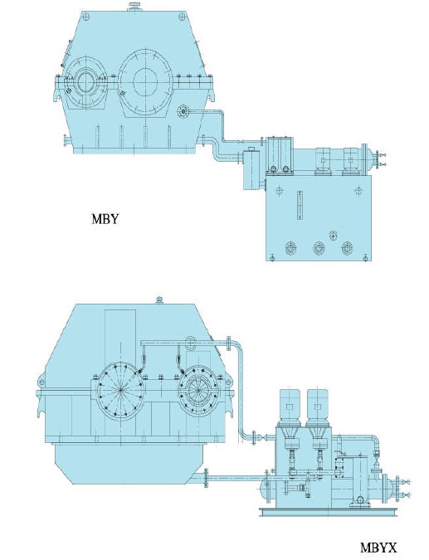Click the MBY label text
pos(105,218)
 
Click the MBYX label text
pos(378,548)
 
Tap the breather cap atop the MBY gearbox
pos(135,7)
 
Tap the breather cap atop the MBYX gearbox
pos(159,300)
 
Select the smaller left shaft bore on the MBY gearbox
pos(85,82)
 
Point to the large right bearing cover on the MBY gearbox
pos(145,82)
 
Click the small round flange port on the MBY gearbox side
pos(183,111)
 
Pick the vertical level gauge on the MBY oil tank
pos(300,207)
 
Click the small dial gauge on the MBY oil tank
pos(333,236)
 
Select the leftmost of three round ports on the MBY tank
pos(291,248)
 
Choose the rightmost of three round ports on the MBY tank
pos(347,248)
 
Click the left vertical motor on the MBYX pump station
pos(290,407)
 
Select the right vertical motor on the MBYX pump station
pos(317,407)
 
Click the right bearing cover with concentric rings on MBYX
pos(198,390)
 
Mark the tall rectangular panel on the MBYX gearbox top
pos(120,337)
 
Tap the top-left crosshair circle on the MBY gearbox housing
pos(85,16)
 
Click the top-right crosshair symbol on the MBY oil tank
pos(358,191)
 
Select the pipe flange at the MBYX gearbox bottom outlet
pos(206,479)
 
